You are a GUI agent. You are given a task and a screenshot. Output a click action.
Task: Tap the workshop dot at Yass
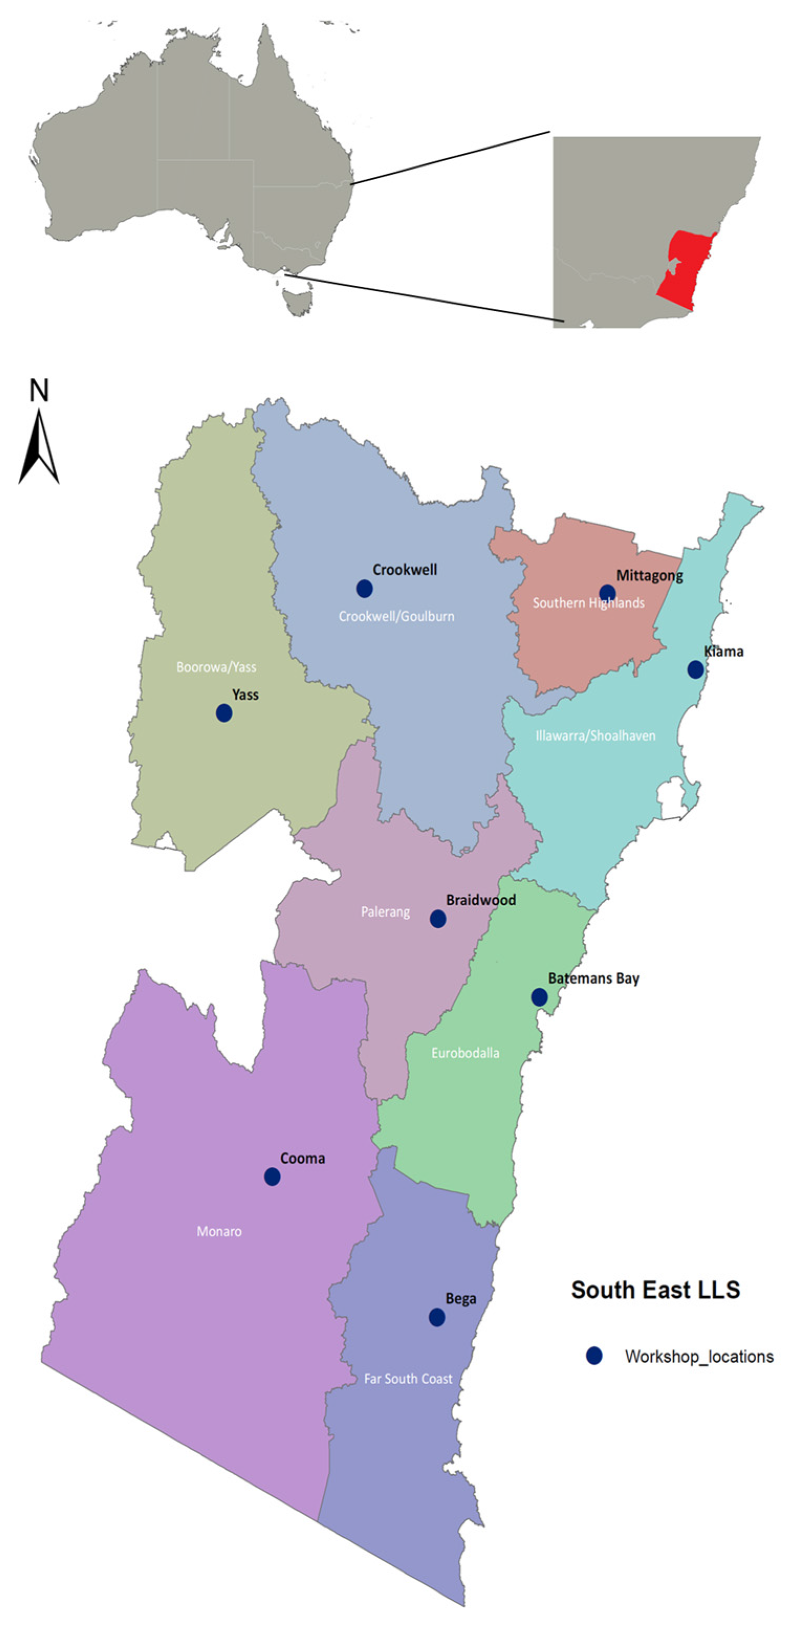pos(224,712)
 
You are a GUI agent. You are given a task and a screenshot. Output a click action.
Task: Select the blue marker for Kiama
pos(695,670)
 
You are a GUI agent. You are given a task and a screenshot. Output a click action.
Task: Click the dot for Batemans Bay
pos(539,997)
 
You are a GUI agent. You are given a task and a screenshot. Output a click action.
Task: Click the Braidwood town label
pos(480,900)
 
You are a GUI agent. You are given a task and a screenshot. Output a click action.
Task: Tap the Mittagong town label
pos(649,576)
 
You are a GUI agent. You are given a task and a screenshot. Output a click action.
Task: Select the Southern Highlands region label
pos(588,603)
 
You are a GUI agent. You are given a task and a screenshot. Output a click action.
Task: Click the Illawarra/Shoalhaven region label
pos(595,736)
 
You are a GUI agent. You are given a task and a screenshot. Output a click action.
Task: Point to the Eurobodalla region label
pos(465,1053)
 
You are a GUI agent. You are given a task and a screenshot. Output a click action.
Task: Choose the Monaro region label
pos(219,1231)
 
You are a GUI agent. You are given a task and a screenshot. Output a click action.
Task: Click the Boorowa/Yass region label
pos(216,666)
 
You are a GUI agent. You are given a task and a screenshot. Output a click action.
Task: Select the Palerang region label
pos(385,911)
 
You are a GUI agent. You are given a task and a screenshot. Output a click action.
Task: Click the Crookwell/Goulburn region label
pos(396,616)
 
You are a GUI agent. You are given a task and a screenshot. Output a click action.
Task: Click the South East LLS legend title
pos(655,1289)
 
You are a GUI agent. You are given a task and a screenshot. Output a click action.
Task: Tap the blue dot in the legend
pos(594,1355)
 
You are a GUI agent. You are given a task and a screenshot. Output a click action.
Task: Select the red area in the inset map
pos(685,271)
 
